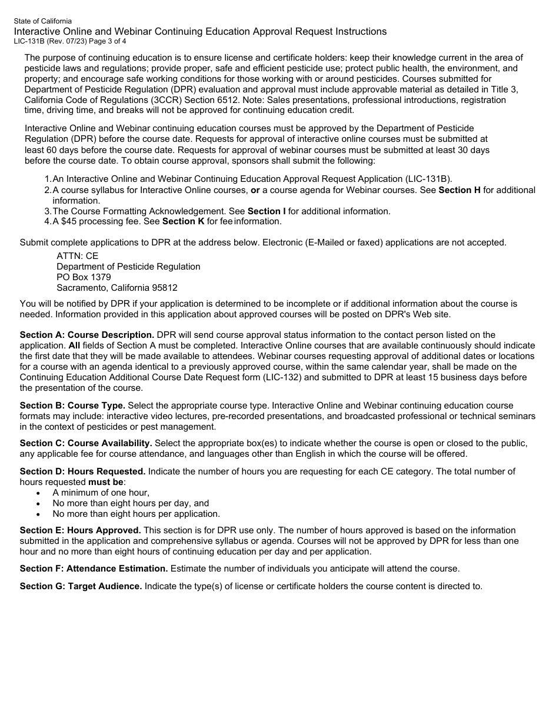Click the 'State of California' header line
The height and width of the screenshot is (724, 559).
click(x=43, y=21)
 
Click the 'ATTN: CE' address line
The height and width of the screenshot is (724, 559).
click(x=77, y=256)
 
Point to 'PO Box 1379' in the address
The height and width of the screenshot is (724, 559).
click(x=84, y=277)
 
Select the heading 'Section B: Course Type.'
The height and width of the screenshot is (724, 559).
click(x=72, y=406)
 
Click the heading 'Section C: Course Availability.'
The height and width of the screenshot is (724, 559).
click(x=86, y=443)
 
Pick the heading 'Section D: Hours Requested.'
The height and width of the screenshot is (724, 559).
click(x=82, y=471)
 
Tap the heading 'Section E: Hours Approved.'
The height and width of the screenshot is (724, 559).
click(x=80, y=530)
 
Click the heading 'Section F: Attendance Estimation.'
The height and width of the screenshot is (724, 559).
click(x=94, y=569)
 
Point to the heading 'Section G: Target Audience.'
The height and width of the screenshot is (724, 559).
click(x=81, y=586)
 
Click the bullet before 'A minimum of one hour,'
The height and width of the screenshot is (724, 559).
click(x=39, y=493)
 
